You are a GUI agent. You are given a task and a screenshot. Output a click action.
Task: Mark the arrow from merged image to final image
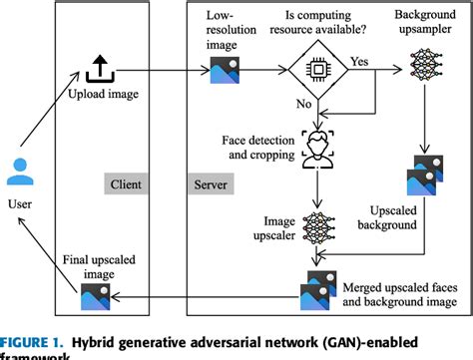(x=200, y=294)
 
